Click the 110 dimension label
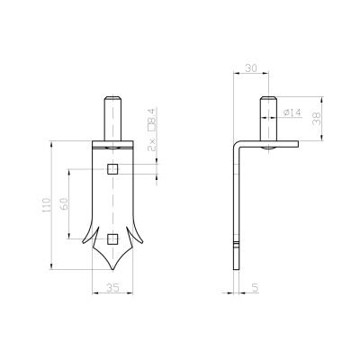pyautogui.click(x=46, y=205)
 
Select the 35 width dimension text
pyautogui.click(x=112, y=287)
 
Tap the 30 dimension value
pyautogui.click(x=251, y=68)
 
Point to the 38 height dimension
pyautogui.click(x=316, y=119)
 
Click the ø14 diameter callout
pyautogui.click(x=292, y=112)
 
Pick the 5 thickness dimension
pyautogui.click(x=255, y=288)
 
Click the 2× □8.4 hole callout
pyautogui.click(x=152, y=130)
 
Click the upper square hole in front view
pyautogui.click(x=112, y=169)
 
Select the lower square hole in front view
pyautogui.click(x=112, y=238)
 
